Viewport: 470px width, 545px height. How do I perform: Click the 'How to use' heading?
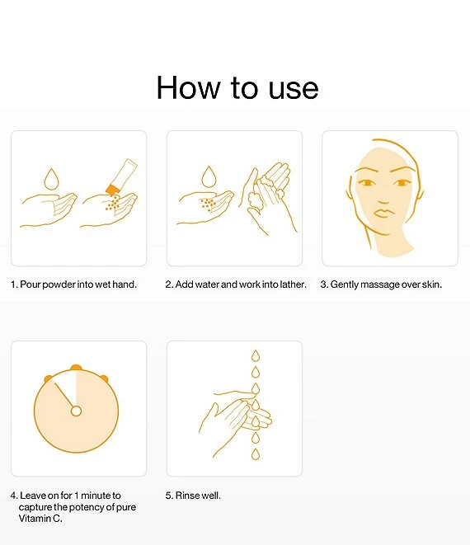(237, 87)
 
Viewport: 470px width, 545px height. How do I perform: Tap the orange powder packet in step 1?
(122, 176)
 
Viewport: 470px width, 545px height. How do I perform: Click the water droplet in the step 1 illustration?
(51, 179)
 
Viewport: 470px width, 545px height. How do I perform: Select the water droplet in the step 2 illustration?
(209, 177)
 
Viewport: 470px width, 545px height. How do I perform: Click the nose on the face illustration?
(383, 200)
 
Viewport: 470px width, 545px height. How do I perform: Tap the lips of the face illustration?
(383, 213)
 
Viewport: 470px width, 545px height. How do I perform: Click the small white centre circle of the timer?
(76, 411)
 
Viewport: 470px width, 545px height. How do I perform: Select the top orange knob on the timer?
(76, 368)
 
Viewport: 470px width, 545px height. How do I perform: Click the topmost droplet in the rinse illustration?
(256, 356)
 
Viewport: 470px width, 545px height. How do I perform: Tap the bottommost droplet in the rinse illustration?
(256, 454)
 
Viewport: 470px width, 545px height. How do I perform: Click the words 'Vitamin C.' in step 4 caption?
(40, 519)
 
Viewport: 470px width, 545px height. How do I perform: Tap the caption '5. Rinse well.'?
(193, 496)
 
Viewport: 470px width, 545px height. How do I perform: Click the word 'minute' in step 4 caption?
(96, 496)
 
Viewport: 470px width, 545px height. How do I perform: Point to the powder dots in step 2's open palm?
(208, 204)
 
